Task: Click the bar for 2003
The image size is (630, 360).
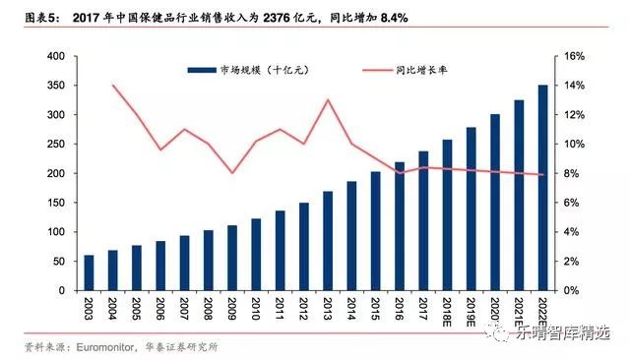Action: coord(89,272)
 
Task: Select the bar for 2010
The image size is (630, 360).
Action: coord(257,255)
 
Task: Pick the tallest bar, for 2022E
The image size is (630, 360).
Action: coord(543,188)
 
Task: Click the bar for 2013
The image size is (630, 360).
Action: coord(328,241)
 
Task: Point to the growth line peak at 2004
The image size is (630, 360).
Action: coord(113,86)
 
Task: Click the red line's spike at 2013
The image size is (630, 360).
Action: coord(328,100)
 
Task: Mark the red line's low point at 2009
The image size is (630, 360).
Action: coord(232,173)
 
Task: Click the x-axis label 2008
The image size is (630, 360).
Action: coord(209,311)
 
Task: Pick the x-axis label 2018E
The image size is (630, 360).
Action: coord(446,314)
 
